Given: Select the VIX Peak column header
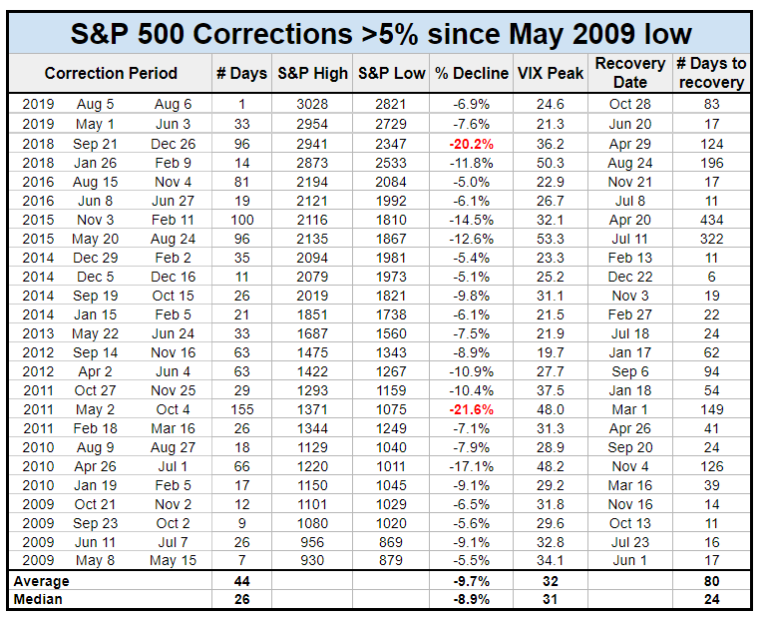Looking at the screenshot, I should [543, 74].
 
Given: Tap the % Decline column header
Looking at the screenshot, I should [471, 74].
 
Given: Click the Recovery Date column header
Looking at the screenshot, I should [629, 73].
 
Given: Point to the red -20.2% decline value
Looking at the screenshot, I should [471, 143].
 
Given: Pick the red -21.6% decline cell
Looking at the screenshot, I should [471, 409].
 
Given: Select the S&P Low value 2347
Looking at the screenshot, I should [391, 143].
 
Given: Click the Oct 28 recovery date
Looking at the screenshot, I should [629, 105].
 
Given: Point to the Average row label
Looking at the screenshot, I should [41, 581].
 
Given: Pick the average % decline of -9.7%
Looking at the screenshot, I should [471, 581].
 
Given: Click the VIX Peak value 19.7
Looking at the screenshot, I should [543, 352].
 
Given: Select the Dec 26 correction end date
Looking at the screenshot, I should [173, 143].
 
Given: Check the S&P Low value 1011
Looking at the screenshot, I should [391, 466].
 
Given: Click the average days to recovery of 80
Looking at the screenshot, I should [711, 581].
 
